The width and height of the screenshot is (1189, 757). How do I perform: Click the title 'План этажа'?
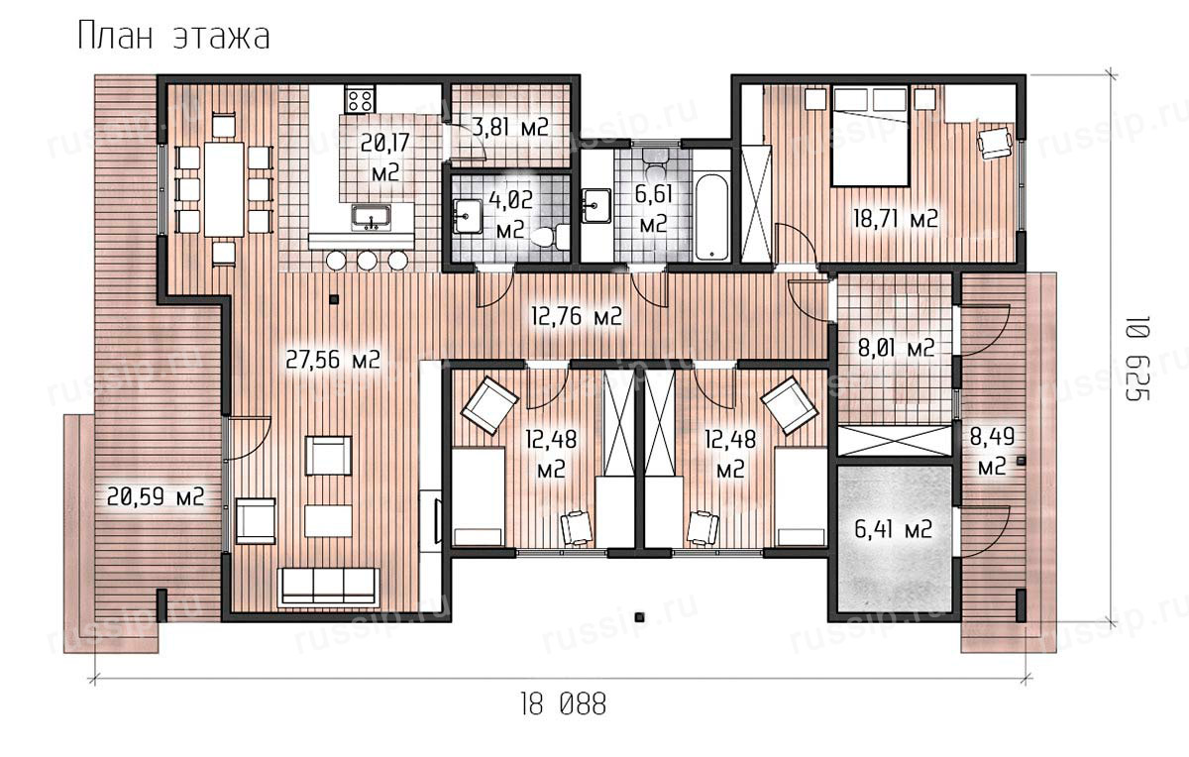point(173,38)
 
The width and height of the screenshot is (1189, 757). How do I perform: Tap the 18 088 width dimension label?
point(563,704)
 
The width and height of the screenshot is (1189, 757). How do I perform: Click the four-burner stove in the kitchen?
point(360,99)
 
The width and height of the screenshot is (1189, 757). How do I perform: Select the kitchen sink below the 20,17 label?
point(371,218)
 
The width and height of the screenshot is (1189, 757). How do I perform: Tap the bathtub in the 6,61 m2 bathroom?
point(711,217)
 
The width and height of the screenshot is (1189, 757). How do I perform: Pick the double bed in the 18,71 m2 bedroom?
point(870,137)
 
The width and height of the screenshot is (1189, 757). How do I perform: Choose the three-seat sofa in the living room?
point(329,588)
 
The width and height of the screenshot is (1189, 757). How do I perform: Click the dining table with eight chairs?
point(225,188)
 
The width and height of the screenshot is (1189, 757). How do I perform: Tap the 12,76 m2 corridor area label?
point(577,317)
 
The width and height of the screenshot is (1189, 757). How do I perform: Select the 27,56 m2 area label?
point(333,361)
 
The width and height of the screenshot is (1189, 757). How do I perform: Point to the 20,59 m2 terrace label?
point(156,497)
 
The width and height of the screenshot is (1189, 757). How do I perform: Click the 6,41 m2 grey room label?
point(894,530)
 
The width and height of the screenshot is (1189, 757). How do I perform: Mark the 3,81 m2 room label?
point(510,128)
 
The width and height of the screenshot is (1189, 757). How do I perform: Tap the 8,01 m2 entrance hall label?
point(896,349)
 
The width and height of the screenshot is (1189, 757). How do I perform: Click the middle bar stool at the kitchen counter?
point(367,261)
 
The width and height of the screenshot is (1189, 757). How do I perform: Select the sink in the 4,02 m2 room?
point(467,217)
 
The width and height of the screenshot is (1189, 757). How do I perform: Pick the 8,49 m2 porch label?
point(992,452)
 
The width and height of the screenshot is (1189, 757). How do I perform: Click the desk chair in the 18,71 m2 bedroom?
point(994,142)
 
